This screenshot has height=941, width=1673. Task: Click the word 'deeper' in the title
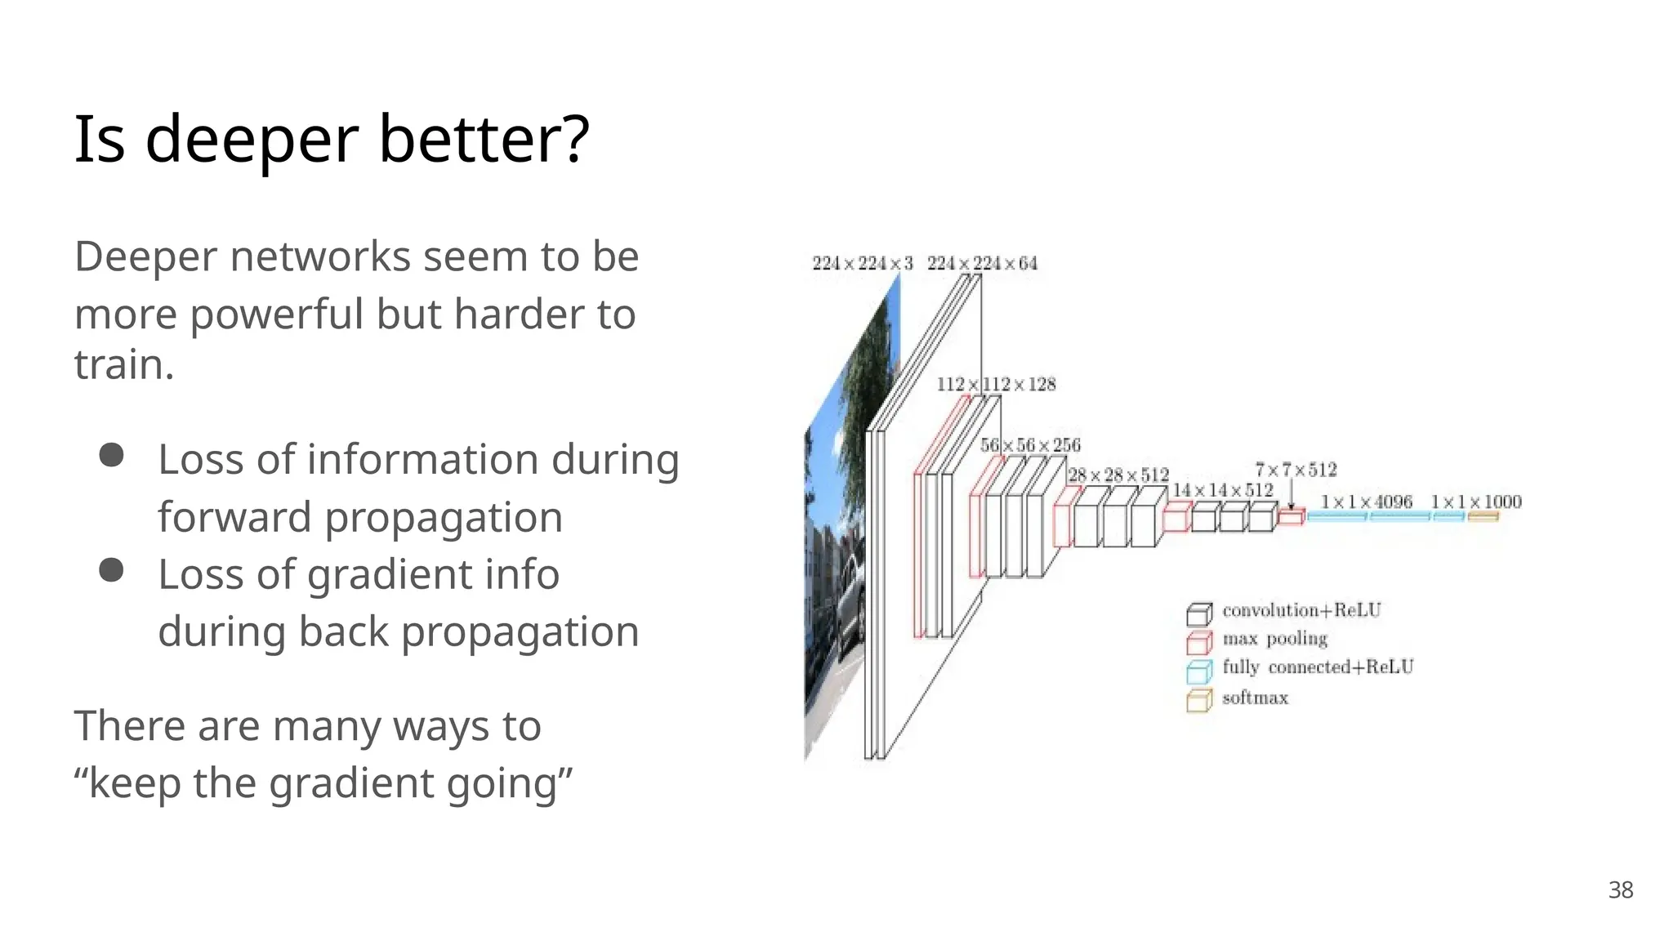tap(252, 140)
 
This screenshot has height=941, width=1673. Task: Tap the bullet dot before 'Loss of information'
tap(111, 456)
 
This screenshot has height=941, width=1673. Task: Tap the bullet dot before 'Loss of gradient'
tap(111, 570)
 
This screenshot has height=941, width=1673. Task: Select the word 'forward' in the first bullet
tap(234, 517)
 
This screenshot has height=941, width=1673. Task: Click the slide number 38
tap(1621, 890)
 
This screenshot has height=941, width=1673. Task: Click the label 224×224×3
tap(862, 263)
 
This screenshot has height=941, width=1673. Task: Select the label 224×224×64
tap(982, 263)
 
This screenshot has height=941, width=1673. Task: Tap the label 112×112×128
tap(996, 384)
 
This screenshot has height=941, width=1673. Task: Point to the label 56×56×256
tap(1030, 445)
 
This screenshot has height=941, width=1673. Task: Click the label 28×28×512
tap(1118, 475)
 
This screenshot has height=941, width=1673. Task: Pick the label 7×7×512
tap(1296, 470)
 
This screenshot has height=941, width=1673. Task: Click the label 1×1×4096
tap(1366, 502)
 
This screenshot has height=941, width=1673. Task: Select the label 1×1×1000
tap(1475, 502)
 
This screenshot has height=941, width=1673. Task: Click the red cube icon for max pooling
tap(1198, 642)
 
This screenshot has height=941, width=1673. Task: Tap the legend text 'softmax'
tap(1255, 698)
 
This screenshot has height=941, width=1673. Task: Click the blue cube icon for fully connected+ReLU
tap(1198, 671)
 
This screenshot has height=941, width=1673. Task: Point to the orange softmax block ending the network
tap(1483, 516)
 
